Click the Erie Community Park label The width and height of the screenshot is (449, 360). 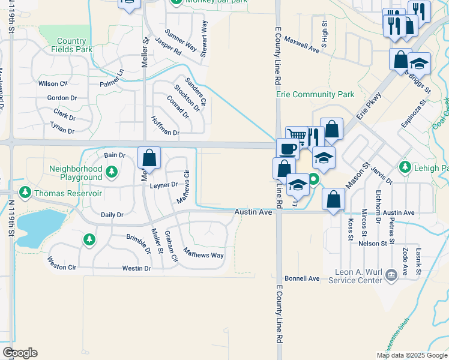coord(315,95)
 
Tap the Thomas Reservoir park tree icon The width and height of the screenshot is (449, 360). coord(25,193)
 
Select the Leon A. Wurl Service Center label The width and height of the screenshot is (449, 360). coord(358,275)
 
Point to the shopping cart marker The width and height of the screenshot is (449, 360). coord(296,136)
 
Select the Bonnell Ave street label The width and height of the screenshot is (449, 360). coord(302,278)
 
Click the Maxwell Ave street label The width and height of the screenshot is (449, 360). coord(302,44)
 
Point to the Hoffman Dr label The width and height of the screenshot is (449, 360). coord(165,126)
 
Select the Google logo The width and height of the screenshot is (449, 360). coord(20,353)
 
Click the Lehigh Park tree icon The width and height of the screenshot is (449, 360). coord(405,166)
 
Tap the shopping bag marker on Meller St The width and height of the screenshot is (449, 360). coord(149,158)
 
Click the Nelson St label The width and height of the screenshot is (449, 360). coord(373,244)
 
